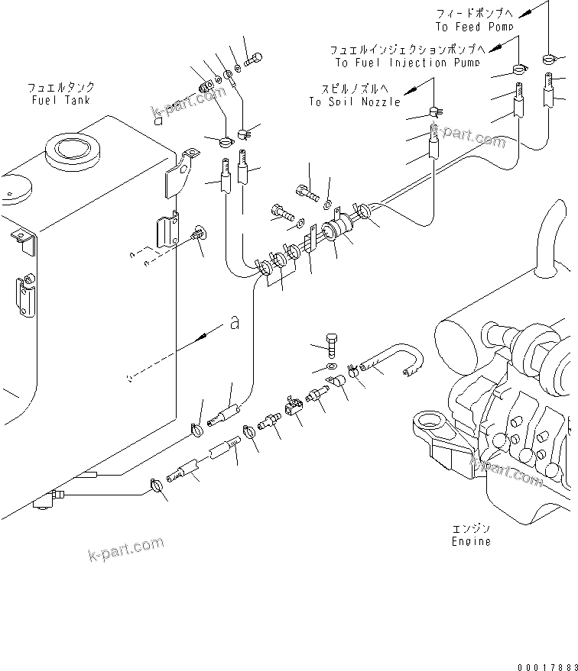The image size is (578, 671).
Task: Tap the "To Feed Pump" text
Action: (x=475, y=27)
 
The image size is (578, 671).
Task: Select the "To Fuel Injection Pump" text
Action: (x=407, y=63)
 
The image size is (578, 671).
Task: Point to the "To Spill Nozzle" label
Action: (x=355, y=102)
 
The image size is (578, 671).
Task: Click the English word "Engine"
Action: (x=470, y=541)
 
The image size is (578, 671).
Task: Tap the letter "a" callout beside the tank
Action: (x=234, y=324)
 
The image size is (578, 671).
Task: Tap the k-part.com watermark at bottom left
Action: (x=127, y=548)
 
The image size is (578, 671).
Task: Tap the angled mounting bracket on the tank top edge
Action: (x=180, y=173)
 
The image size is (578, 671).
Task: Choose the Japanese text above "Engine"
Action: (x=470, y=528)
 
